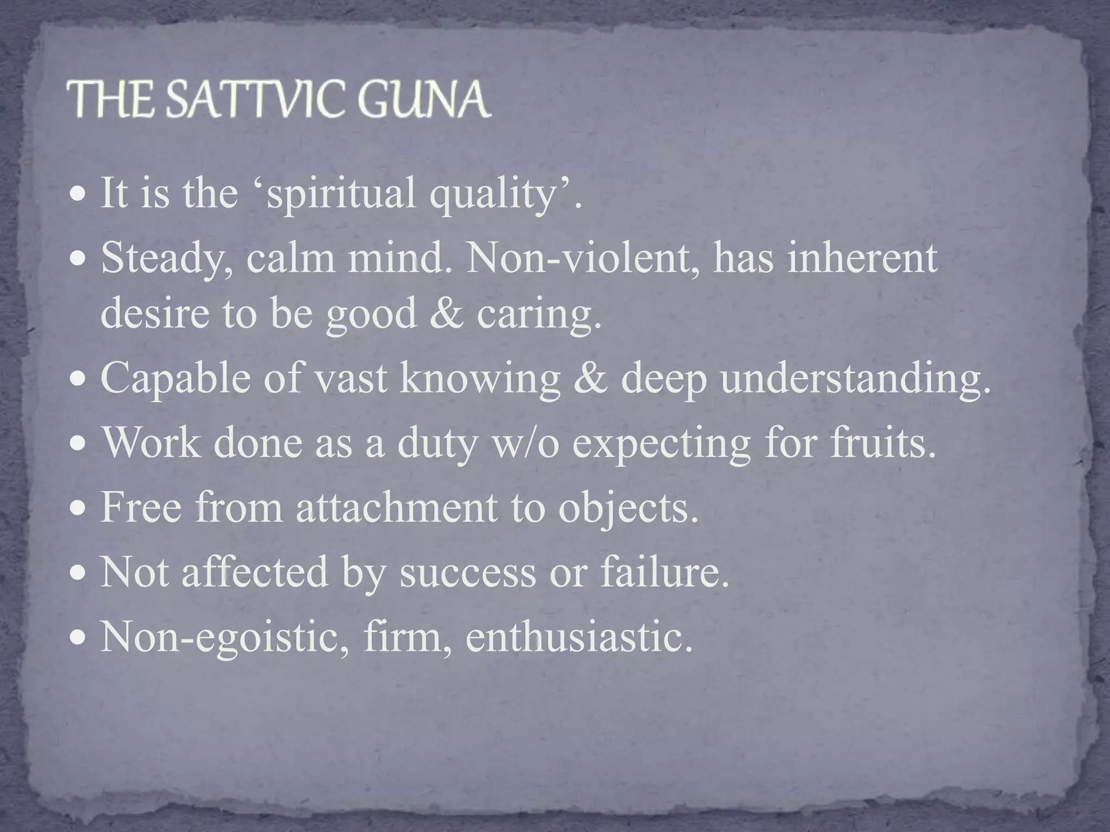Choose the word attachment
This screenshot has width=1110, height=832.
coord(396,508)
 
